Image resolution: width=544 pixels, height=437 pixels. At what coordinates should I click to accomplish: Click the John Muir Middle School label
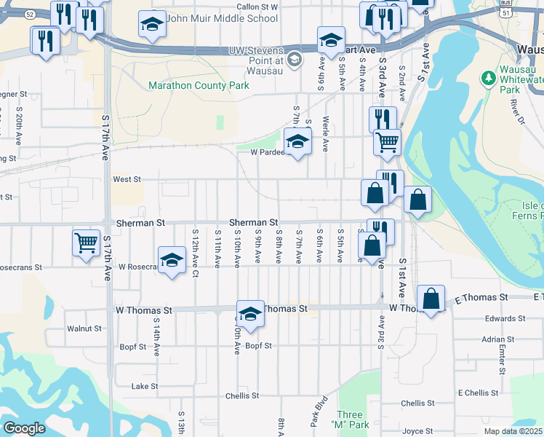pos(212,18)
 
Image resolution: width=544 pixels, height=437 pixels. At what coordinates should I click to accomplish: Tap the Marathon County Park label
pos(199,85)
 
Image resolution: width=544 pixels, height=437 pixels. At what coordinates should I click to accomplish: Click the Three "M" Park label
pos(353,419)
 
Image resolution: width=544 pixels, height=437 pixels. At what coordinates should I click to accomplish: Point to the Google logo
pos(24,428)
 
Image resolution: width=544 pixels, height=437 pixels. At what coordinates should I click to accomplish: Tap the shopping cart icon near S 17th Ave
pos(87,242)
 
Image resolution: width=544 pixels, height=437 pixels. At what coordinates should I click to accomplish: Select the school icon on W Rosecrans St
pos(172,261)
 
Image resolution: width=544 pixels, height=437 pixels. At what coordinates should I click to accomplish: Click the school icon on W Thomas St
pos(250,313)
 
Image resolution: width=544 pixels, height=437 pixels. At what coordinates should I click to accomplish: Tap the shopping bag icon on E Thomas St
pos(431,299)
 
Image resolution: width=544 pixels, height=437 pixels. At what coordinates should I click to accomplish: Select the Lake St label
pos(145,386)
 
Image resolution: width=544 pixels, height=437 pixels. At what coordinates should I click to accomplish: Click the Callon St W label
pos(257,6)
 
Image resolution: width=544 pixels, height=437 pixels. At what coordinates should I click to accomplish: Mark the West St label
pos(127,178)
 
